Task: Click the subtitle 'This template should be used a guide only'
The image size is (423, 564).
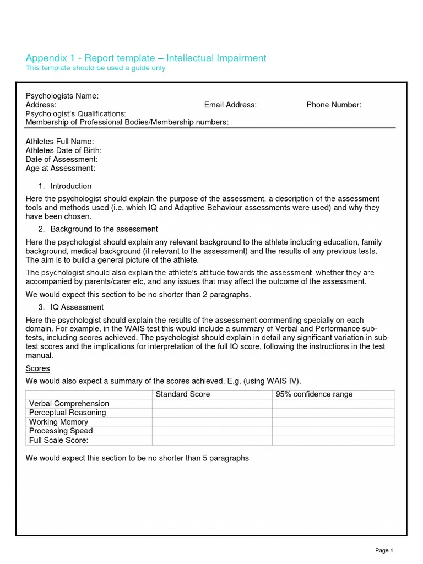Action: pyautogui.click(x=95, y=68)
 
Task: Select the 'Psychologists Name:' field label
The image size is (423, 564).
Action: pyautogui.click(x=62, y=96)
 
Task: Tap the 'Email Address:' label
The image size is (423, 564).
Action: pyautogui.click(x=230, y=105)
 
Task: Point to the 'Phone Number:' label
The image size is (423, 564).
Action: pyautogui.click(x=334, y=105)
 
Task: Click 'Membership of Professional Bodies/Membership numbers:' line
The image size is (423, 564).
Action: pyautogui.click(x=127, y=122)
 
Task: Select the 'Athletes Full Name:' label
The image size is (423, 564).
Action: pyautogui.click(x=59, y=142)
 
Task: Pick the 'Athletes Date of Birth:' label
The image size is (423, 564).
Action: pyautogui.click(x=64, y=150)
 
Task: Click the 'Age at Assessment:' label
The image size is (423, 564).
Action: pyautogui.click(x=61, y=168)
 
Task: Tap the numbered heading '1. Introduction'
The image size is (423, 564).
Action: pyautogui.click(x=70, y=186)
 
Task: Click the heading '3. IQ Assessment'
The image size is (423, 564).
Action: pyautogui.click(x=77, y=307)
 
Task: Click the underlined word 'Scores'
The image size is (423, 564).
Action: pyautogui.click(x=38, y=368)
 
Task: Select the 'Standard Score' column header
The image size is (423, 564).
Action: pyautogui.click(x=183, y=394)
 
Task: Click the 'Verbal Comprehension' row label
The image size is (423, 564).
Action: pyautogui.click(x=69, y=404)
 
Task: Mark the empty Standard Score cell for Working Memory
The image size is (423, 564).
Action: pyautogui.click(x=212, y=422)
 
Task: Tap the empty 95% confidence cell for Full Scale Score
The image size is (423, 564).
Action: pyautogui.click(x=333, y=441)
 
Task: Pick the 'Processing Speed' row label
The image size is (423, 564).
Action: pyautogui.click(x=61, y=431)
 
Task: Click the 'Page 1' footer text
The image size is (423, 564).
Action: pyautogui.click(x=384, y=550)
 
